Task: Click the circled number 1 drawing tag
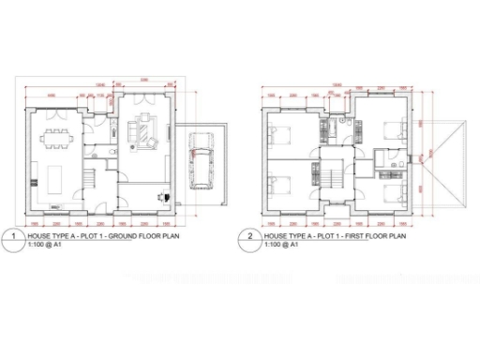point(14,238)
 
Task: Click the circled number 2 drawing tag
point(250,238)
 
